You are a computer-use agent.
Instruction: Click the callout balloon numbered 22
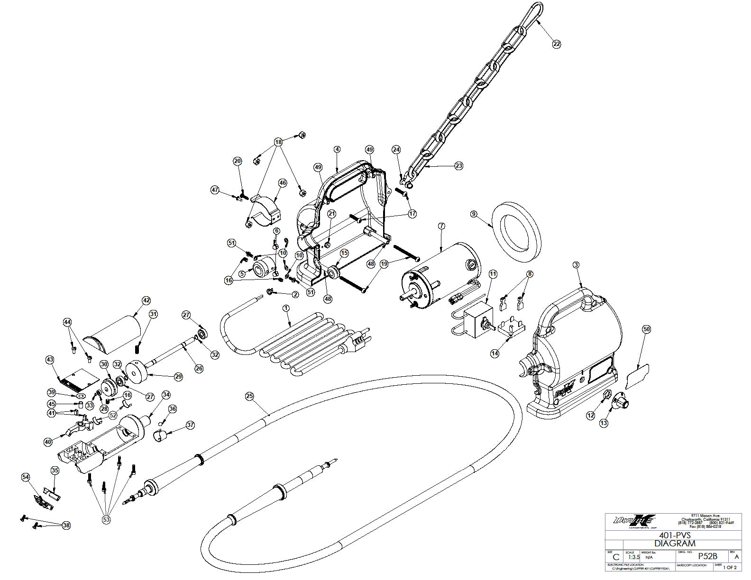click(557, 44)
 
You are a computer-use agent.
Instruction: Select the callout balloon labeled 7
click(441, 226)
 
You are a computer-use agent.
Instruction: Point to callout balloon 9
click(473, 214)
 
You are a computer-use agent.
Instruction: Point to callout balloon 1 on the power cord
click(286, 308)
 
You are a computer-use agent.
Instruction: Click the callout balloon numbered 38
click(66, 526)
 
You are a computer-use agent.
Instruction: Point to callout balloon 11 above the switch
click(493, 274)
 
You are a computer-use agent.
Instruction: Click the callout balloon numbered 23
click(458, 166)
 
